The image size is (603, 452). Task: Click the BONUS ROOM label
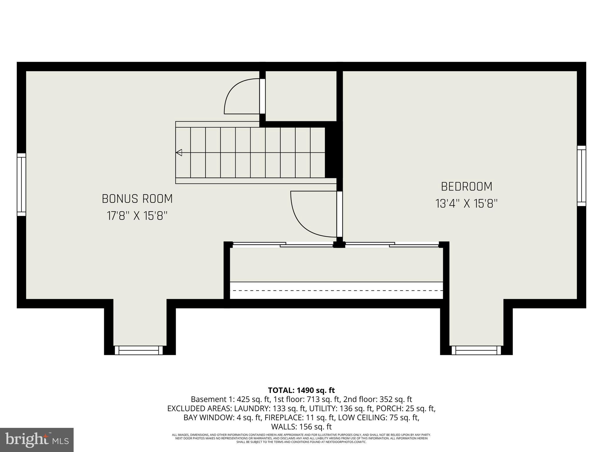[137, 199]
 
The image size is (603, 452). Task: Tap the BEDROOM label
[466, 187]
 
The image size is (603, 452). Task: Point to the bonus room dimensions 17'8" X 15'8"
[137, 216]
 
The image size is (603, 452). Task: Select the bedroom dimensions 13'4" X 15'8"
[466, 204]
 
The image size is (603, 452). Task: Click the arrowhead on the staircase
[179, 153]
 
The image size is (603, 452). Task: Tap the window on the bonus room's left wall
[21, 185]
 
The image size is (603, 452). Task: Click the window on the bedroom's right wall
[581, 176]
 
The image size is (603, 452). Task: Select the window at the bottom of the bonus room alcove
[138, 350]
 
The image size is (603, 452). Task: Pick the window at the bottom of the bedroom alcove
[476, 350]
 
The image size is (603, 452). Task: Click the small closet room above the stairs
[301, 96]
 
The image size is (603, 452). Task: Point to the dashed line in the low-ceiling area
[336, 290]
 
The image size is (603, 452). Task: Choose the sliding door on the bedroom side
[392, 244]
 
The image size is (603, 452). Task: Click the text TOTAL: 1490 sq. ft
[301, 390]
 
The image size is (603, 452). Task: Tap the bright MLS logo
[37, 440]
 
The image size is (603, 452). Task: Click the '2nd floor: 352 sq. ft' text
[377, 399]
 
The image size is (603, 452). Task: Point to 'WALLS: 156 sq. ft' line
[301, 426]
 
